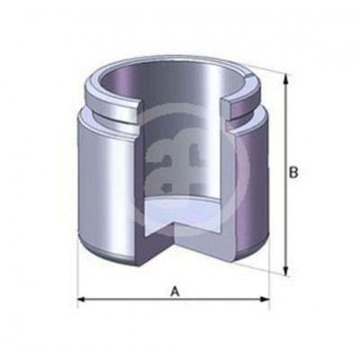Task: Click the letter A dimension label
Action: (174, 291)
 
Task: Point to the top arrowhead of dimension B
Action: (286, 78)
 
